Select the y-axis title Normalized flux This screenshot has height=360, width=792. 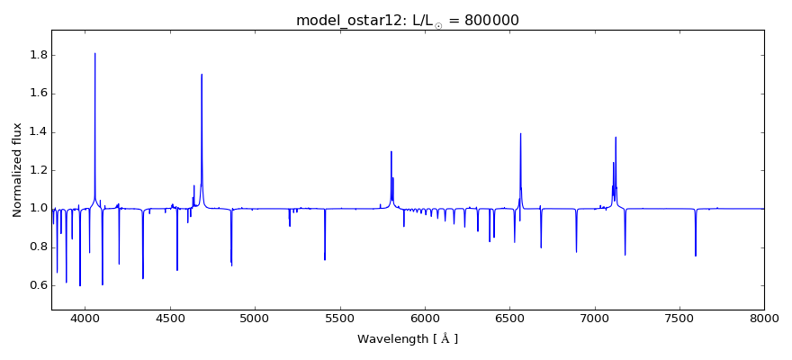coord(17,170)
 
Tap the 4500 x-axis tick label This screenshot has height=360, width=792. coord(170,318)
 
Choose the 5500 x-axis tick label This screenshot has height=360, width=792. coord(340,318)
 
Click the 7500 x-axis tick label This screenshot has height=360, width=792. coord(679,318)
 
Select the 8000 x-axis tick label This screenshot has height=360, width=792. coord(764,318)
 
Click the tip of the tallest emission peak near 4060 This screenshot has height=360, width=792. coord(95,53)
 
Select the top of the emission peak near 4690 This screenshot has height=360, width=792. coord(202,75)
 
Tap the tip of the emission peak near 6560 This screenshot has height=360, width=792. coord(520,134)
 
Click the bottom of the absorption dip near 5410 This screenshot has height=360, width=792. coord(325,260)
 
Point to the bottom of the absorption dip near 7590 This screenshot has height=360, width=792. coord(696,256)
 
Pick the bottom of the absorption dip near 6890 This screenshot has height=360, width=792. coord(576,252)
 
